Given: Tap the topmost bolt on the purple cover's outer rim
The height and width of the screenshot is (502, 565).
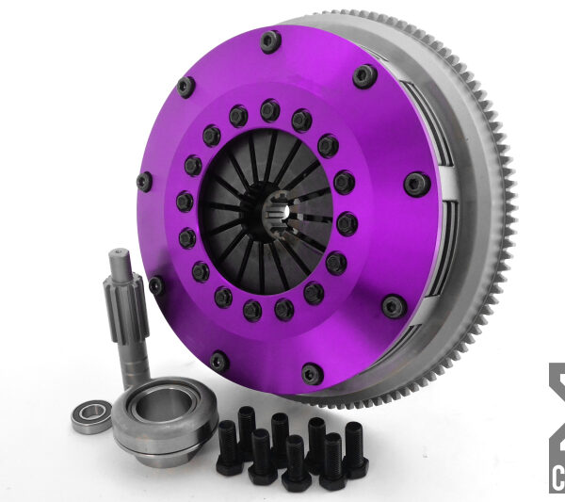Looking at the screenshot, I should point(270,40).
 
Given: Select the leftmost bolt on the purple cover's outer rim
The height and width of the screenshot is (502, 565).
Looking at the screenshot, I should point(145,181).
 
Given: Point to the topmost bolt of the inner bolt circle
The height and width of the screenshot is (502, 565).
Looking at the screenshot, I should point(270,110).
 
